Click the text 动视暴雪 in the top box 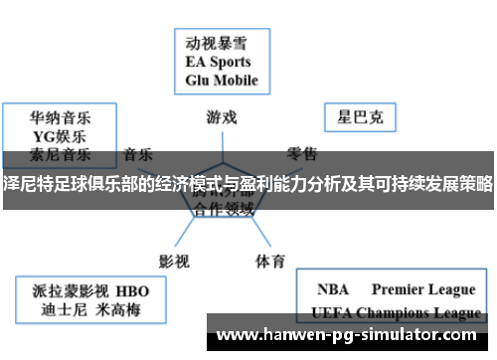tap(215, 44)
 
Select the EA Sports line tap(220, 62)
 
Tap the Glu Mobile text tap(222, 80)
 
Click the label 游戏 tap(222, 116)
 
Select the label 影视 tap(174, 235)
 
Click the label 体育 tap(270, 235)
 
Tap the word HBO tap(132, 290)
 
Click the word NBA tap(332, 290)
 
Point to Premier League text tap(423, 290)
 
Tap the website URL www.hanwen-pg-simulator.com tap(349, 335)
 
